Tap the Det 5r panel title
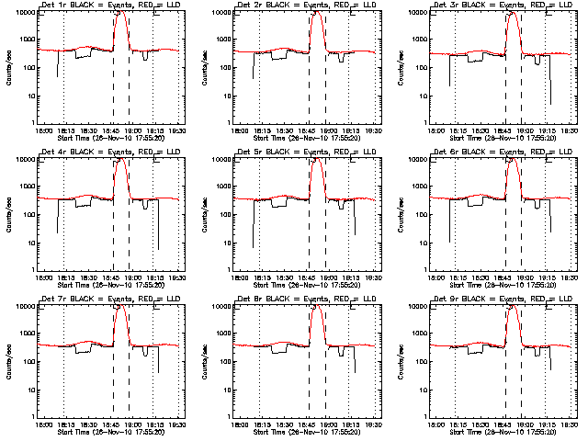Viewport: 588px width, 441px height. (308, 153)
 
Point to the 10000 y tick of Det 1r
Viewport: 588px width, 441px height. (23, 12)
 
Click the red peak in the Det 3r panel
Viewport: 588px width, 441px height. (514, 14)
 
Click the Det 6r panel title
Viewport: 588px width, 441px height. (503, 153)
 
